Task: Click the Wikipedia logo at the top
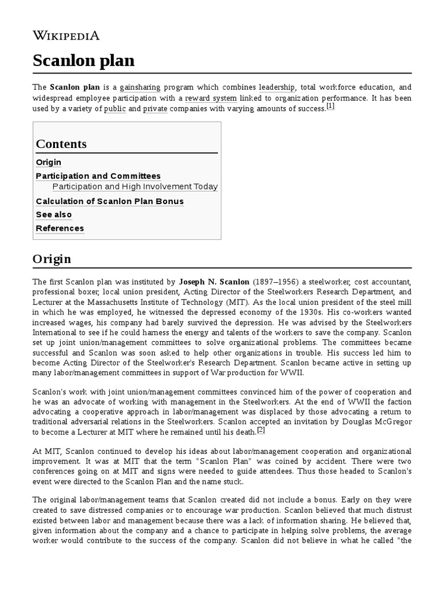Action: point(66,36)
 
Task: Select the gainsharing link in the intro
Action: point(140,88)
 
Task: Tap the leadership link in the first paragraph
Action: point(277,88)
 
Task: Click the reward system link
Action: point(210,98)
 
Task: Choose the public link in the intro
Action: point(114,109)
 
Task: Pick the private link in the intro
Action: point(156,109)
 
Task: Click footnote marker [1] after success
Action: point(330,106)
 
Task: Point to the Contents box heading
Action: point(61,144)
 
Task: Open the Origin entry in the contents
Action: point(49,162)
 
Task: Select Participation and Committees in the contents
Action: point(98,176)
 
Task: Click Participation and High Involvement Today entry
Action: point(135,187)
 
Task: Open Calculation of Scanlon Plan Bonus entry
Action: point(110,201)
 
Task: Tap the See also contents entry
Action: point(54,214)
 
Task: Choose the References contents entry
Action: point(60,228)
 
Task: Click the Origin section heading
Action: point(52,258)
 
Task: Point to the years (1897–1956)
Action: point(276,282)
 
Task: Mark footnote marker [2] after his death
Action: point(261,430)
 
